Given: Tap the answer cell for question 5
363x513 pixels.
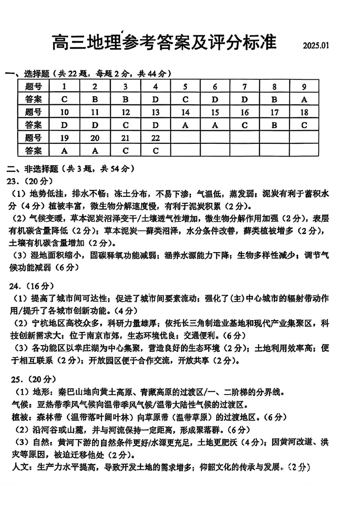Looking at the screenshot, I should coord(185,99).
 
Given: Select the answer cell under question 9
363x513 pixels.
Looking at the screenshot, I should coord(304,99).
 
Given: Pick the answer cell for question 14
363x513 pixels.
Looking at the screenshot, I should coord(185,125).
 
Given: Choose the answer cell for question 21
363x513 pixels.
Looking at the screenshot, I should coord(125,151).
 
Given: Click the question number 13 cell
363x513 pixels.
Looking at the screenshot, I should coord(155,112).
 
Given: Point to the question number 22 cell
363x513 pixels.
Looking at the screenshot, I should coord(155,138).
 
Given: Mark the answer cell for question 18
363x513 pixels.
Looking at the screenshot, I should coord(304,125).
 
